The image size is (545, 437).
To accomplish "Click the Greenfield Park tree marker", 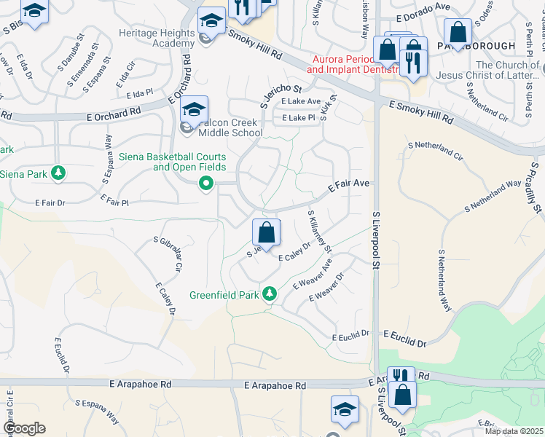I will [270, 294].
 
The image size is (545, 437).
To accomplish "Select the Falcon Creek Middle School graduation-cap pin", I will [195, 110].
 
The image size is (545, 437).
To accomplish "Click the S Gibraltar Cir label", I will [166, 253].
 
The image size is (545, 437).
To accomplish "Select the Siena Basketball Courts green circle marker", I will [207, 184].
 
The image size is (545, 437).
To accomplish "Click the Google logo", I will [23, 428].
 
